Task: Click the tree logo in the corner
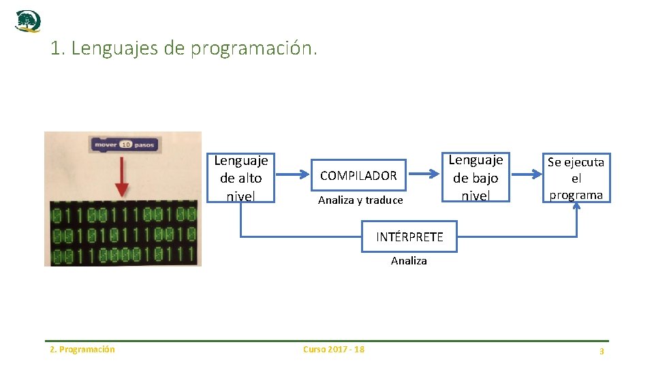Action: coord(28,21)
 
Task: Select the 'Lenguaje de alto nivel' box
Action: coord(241,178)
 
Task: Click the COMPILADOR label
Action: coord(358,175)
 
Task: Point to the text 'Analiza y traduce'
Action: coord(360,200)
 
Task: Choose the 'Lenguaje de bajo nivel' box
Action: coord(476,177)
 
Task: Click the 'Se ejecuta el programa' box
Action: coord(576,178)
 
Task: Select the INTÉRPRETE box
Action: coord(409,237)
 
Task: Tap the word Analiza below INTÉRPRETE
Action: coord(409,260)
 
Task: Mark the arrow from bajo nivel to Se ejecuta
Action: coord(526,175)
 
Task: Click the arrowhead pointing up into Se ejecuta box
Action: coord(577,207)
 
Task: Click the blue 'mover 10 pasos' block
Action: coord(125,144)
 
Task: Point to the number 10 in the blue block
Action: coord(126,144)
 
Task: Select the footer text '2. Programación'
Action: coord(82,350)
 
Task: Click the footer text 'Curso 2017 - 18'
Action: coord(333,350)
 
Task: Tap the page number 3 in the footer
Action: coord(602,351)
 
